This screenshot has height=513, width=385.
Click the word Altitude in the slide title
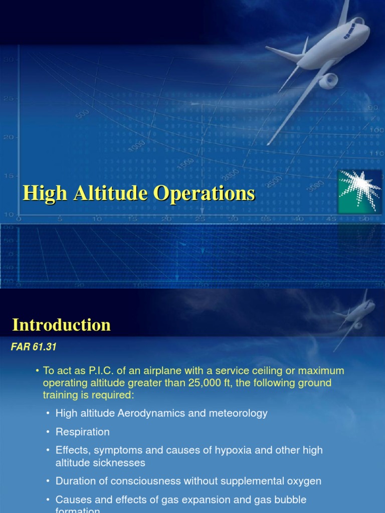click(x=109, y=194)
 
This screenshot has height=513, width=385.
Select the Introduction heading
click(x=61, y=325)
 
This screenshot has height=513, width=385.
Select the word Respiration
click(x=82, y=431)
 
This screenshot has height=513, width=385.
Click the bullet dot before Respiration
click(x=48, y=432)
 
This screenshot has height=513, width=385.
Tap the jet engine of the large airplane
click(x=328, y=80)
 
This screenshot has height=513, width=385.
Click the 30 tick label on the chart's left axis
click(x=9, y=59)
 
